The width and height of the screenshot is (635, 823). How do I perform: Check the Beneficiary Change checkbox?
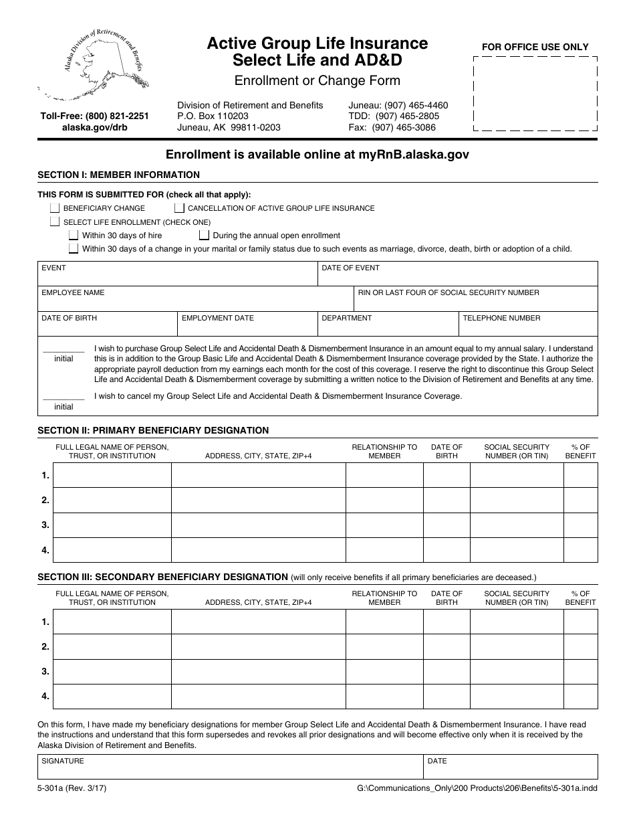55,208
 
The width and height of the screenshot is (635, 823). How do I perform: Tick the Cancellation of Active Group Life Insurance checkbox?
180,208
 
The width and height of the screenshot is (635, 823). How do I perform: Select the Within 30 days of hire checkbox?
74,236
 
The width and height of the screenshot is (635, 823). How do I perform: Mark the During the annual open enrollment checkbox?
205,236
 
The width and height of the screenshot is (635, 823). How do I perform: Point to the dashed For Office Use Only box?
535,94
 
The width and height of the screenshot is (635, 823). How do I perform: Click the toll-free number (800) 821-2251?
94,116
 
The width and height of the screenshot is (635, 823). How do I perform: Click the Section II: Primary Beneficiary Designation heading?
153,430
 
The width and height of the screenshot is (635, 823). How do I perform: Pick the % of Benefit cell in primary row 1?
580,475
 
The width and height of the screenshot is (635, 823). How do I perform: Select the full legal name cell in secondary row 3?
112,672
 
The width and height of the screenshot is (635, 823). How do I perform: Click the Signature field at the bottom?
230,767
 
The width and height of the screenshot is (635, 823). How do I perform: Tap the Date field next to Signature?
511,767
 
